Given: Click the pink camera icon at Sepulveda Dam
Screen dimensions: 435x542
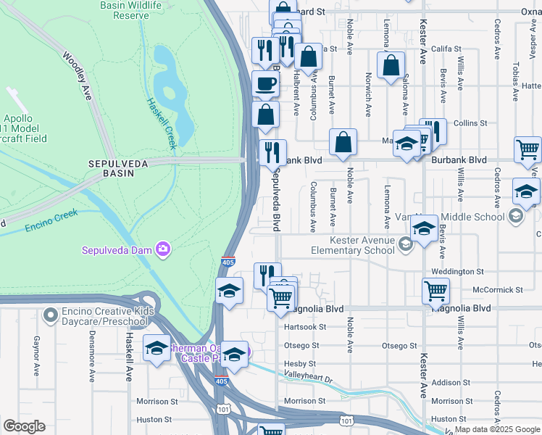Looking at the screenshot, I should [x=163, y=250].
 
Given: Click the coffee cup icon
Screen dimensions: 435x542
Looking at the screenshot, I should [x=266, y=83].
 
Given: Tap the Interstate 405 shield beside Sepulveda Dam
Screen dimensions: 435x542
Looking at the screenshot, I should [x=227, y=262].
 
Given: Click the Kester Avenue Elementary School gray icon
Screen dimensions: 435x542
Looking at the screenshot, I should [x=405, y=246].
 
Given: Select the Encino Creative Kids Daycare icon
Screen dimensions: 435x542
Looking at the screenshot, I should [x=50, y=315].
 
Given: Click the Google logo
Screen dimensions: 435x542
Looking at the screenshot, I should [x=24, y=426].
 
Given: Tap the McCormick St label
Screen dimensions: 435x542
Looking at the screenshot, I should [x=497, y=289].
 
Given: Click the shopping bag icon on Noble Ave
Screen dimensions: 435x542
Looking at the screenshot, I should [x=343, y=142].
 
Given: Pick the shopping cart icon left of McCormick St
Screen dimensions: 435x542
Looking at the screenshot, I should [x=435, y=291].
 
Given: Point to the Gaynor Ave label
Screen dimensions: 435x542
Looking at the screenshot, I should [x=36, y=355].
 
